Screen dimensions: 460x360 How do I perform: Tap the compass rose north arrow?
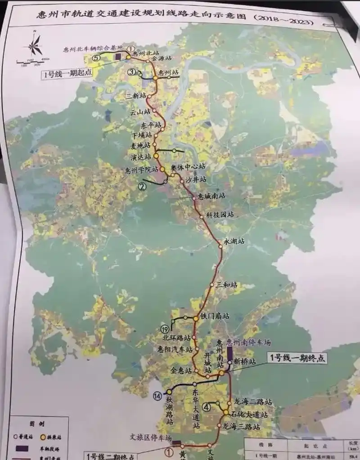pos(35,45)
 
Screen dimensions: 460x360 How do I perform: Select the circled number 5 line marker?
pos(95,58)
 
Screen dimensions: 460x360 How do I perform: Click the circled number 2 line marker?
pos(143,186)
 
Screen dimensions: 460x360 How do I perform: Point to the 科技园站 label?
pos(220,215)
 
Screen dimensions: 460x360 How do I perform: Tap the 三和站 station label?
pos(226,285)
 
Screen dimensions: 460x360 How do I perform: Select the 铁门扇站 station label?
pos(215,317)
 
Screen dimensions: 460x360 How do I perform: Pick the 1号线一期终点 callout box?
pos(297,358)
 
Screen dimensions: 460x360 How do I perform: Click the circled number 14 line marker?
pos(157,396)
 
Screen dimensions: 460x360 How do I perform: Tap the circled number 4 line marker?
pos(207,407)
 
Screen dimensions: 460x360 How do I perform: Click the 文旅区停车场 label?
pos(149,438)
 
